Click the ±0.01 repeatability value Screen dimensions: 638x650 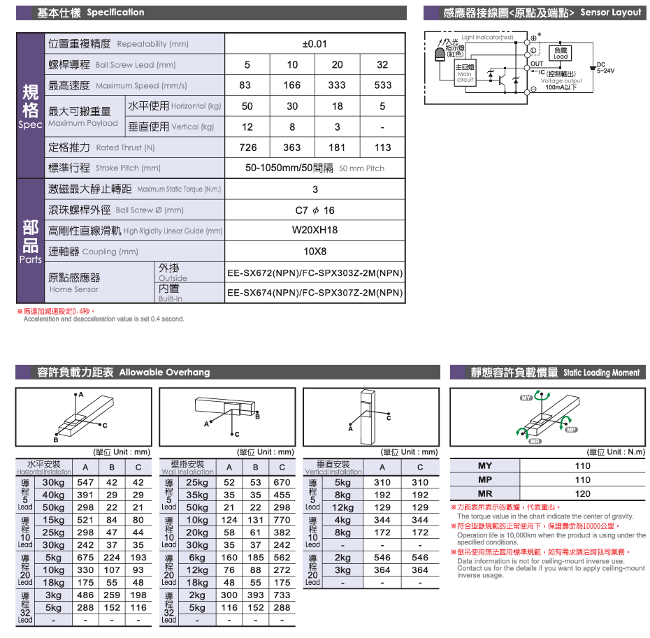coord(315,44)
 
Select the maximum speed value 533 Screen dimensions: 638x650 coord(382,85)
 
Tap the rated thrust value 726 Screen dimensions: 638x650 coord(247,147)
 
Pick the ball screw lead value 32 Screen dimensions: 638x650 coord(382,65)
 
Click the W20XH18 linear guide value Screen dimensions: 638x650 coord(315,231)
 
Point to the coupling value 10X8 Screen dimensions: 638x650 coord(315,252)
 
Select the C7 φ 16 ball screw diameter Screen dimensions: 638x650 coord(315,210)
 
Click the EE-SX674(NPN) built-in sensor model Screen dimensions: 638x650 coord(315,293)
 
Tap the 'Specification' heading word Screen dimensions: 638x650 coord(116,13)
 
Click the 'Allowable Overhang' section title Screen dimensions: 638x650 coord(164,372)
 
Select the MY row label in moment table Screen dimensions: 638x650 coord(485,466)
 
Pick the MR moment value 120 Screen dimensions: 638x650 coord(582,493)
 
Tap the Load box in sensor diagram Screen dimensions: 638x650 coord(561,53)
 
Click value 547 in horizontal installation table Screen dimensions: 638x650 coord(85,482)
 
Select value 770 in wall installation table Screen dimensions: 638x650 coord(282,520)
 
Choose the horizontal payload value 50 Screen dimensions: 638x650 coord(247,106)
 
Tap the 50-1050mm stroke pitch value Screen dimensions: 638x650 coord(289,168)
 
